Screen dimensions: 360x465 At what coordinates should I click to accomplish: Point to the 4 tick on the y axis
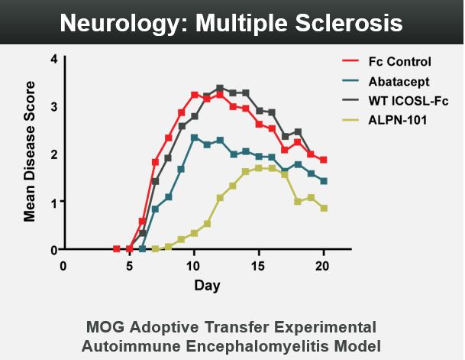53,59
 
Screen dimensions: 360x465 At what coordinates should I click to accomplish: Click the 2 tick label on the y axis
53,154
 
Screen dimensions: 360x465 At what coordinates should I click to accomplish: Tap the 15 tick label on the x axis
259,266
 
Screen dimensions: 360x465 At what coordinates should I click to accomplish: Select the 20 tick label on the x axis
325,266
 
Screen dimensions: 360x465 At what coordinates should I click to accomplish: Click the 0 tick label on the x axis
63,266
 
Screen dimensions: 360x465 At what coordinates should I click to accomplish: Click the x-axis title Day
206,286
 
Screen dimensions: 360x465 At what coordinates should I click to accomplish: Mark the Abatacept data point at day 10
194,138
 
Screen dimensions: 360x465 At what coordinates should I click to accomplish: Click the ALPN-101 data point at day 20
325,208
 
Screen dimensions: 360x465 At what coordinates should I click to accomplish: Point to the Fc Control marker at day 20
325,160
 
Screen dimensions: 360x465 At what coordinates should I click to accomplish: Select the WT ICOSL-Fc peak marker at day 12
220,88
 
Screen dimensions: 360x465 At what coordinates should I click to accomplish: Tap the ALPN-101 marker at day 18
299,202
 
